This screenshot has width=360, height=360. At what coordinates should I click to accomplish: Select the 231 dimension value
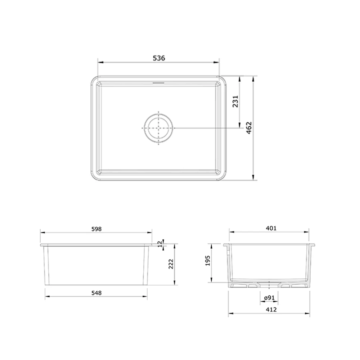pos(235,102)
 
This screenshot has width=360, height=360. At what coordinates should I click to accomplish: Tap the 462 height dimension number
pos(249,128)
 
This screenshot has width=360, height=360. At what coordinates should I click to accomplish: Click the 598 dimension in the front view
pos(96,229)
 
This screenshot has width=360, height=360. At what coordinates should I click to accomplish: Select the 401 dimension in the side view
pos(270,228)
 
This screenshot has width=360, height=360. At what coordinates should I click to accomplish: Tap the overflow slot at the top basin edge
pos(158,82)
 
